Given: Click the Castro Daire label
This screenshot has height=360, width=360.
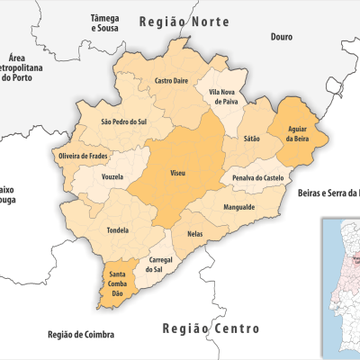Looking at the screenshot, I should (x=171, y=81).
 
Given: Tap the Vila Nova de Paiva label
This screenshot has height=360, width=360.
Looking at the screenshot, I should (x=225, y=97).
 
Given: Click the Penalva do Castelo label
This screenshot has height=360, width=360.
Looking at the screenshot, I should (x=258, y=178).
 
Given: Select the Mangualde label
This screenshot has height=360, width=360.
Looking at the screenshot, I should (x=238, y=207).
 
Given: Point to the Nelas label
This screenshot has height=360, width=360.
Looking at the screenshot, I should (x=195, y=233).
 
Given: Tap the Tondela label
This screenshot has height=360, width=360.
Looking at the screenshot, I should (x=118, y=229).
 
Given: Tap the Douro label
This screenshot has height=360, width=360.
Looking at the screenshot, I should (x=283, y=37).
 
